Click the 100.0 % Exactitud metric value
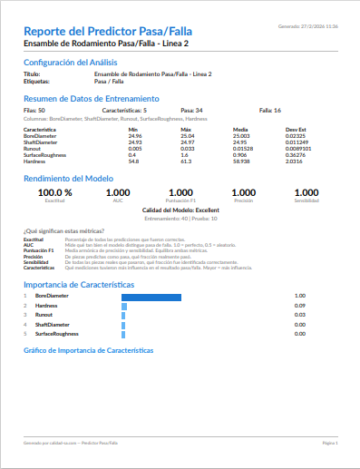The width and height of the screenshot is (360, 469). pyautogui.click(x=54, y=192)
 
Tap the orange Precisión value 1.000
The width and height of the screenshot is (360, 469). pyautogui.click(x=243, y=192)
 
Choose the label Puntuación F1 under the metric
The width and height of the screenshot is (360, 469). pyautogui.click(x=180, y=200)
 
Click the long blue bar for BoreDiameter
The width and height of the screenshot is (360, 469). pyautogui.click(x=151, y=296)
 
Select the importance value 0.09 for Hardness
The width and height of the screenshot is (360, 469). pyautogui.click(x=300, y=305)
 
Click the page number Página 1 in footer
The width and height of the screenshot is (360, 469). pyautogui.click(x=330, y=443)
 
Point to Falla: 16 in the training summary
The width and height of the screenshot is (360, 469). pyautogui.click(x=270, y=109)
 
